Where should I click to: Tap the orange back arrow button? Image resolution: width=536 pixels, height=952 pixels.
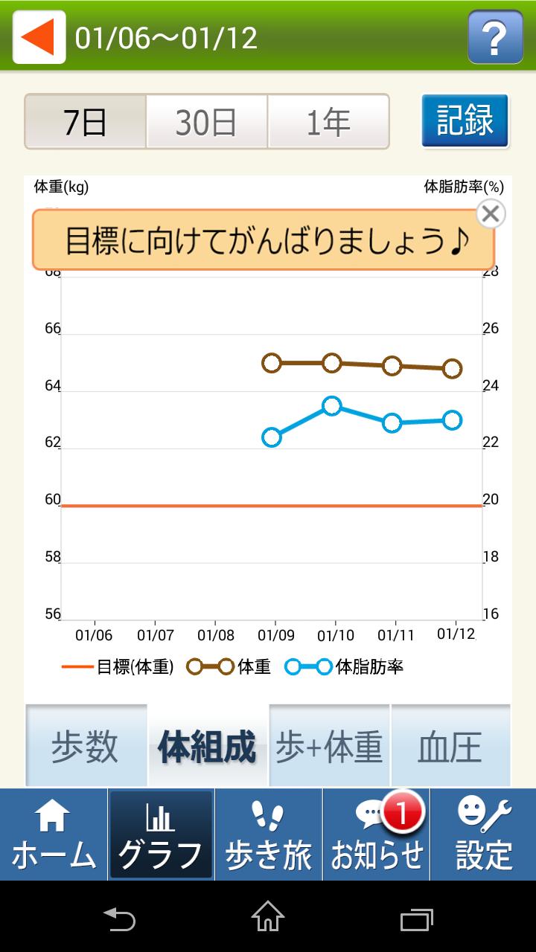pos(39,36)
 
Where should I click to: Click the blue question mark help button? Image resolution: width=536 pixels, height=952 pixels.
pos(495,36)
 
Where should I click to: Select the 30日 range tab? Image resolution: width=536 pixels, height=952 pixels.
pos(206,122)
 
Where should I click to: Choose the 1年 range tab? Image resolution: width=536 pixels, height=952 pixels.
pos(328,122)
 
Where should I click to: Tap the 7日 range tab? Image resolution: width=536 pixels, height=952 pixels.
pos(86,122)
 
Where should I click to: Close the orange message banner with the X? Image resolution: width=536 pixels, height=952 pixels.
pos(490,214)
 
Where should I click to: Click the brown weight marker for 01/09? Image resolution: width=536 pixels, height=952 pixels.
pos(272,363)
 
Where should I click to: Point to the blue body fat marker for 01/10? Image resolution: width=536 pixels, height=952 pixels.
pos(332,406)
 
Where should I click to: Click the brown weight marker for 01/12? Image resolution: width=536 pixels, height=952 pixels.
pos(453,369)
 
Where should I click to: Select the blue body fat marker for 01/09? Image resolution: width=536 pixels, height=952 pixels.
pos(272,437)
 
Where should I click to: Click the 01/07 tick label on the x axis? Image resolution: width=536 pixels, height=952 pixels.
pos(155,636)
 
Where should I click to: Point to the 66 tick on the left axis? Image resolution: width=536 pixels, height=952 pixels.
pos(52,329)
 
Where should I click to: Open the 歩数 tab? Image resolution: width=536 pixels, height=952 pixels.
pos(85,746)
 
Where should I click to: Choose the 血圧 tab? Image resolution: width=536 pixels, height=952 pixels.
pos(450,746)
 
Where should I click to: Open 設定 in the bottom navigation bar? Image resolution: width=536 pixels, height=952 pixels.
pos(483,834)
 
